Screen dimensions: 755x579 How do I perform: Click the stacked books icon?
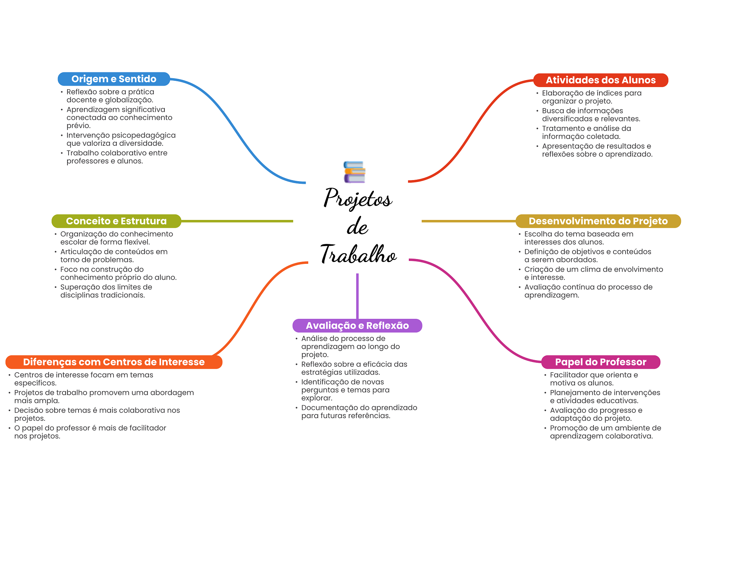(354, 172)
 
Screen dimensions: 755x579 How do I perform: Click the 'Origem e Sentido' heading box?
(114, 79)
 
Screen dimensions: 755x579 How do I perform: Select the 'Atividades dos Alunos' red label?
(601, 80)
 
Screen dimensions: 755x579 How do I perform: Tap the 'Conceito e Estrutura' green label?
(116, 221)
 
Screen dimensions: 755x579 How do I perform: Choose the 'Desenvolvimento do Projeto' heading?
(598, 221)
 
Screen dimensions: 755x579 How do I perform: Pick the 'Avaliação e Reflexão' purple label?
(357, 325)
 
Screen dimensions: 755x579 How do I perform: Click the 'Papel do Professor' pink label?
(601, 362)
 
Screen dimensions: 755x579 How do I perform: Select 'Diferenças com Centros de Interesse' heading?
(114, 362)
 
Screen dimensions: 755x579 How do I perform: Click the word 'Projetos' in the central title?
(358, 199)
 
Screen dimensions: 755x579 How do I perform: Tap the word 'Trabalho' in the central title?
(358, 254)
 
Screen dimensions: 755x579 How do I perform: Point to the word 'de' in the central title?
(357, 226)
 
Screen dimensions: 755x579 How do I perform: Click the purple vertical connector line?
(357, 296)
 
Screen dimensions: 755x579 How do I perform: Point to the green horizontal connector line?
(237, 221)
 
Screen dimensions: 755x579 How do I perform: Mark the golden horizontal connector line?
(469, 221)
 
